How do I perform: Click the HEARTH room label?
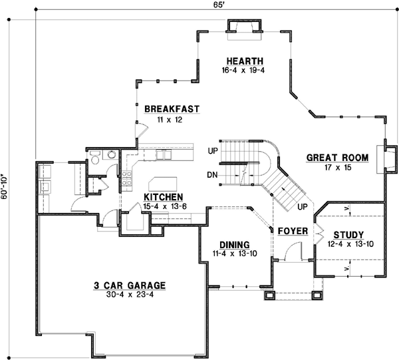coord(245,60)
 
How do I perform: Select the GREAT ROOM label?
coord(337,158)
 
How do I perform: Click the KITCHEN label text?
coord(164,197)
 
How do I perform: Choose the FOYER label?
coord(292,231)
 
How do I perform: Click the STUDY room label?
coord(348,234)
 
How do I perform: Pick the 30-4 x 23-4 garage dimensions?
coord(130,295)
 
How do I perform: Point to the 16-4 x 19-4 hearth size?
coord(244,70)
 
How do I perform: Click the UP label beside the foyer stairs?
coord(301,207)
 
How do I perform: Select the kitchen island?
coord(163,183)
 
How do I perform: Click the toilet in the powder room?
coord(96,158)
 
